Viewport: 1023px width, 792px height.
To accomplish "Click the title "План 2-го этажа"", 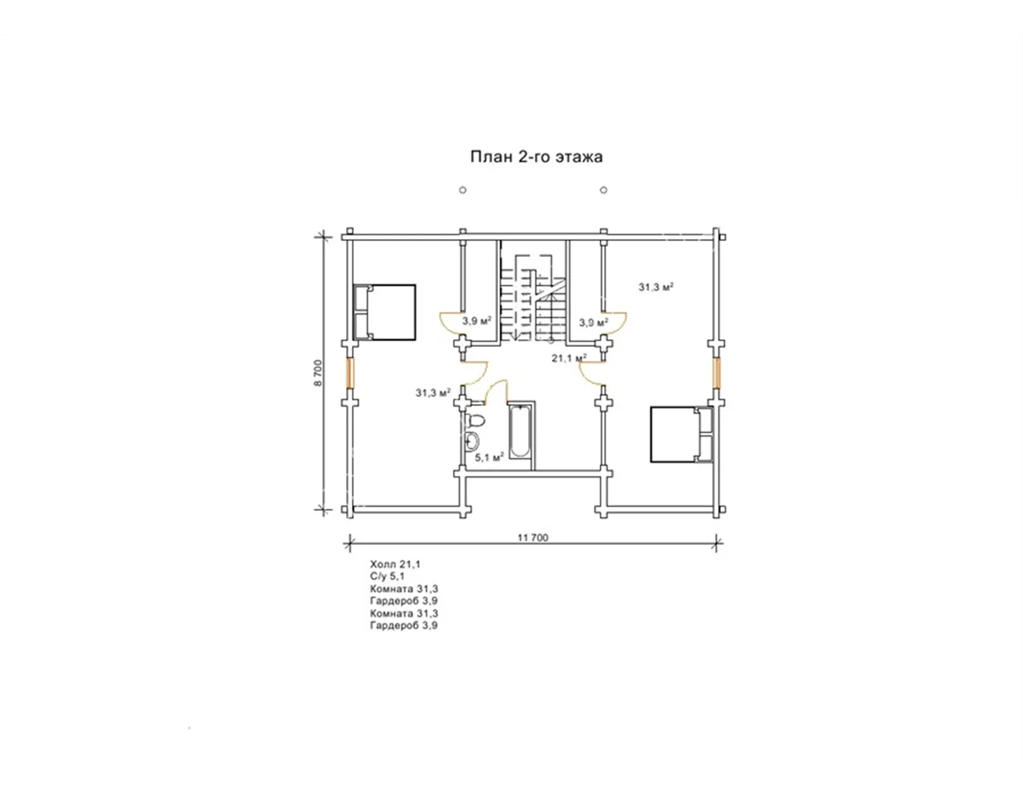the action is (536, 156).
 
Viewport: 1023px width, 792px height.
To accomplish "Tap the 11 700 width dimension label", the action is (533, 538).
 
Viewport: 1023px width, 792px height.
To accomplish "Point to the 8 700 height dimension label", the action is (319, 374).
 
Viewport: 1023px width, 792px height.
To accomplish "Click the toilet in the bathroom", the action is (474, 419).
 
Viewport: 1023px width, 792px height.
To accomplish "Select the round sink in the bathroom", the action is (472, 441).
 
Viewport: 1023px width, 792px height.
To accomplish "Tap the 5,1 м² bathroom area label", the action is (490, 457).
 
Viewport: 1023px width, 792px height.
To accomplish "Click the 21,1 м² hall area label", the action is (569, 358).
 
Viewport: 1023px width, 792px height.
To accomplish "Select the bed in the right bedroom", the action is (681, 434).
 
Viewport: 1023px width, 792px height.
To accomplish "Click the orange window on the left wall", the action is (350, 373).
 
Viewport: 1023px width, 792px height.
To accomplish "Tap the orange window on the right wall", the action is (716, 373).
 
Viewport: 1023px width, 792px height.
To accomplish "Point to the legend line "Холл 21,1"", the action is (396, 564).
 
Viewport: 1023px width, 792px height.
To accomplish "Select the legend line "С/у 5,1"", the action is (387, 576).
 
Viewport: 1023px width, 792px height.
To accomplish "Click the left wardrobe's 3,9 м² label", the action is (476, 321).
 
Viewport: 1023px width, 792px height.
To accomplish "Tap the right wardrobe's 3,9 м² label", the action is (594, 323).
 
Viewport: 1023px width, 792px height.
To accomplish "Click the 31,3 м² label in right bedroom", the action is (656, 287).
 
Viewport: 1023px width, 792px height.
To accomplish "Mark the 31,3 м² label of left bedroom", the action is (433, 392).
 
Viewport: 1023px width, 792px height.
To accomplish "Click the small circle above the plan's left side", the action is (463, 190).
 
